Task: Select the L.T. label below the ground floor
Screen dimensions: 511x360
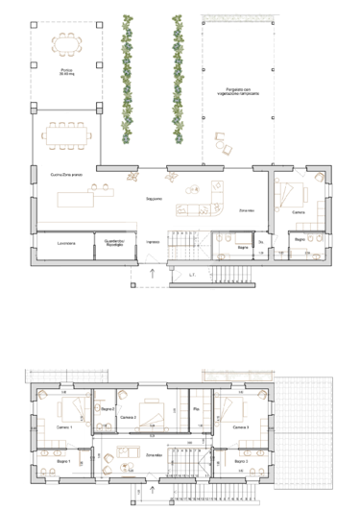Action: [192, 278]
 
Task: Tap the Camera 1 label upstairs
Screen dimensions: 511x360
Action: [64, 426]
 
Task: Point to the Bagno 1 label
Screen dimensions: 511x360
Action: [63, 463]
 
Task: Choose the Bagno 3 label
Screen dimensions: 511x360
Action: [241, 463]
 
